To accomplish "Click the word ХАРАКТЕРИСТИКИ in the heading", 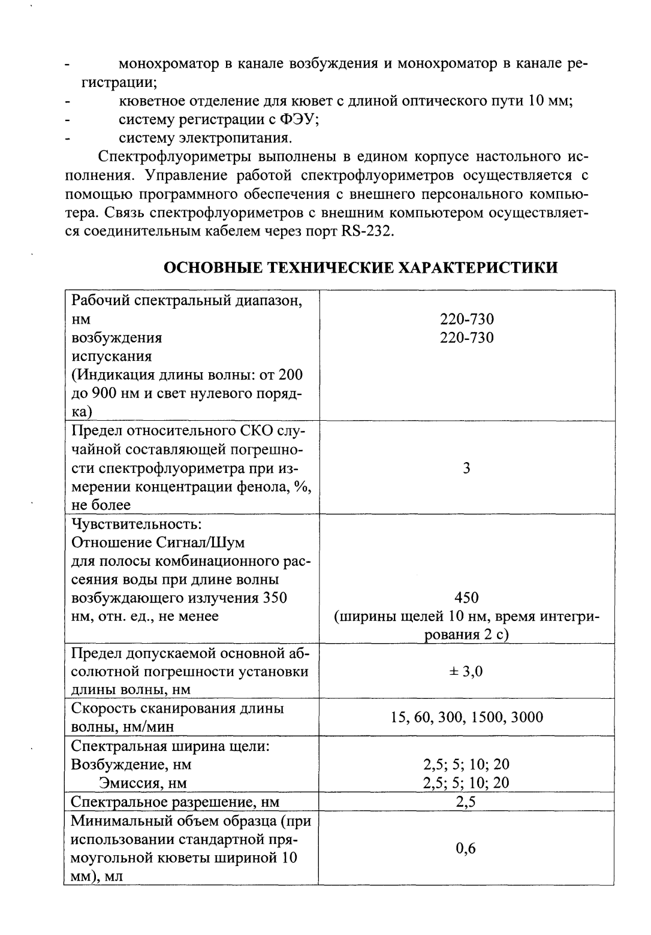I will tap(474, 267).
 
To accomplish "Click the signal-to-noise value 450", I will tap(466, 598).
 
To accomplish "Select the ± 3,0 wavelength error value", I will tap(466, 671).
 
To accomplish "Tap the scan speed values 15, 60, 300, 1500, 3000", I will tap(466, 717).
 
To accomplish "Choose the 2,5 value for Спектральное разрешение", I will tap(466, 802).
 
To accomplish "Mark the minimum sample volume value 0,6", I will tap(466, 848).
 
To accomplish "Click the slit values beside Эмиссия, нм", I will tap(466, 783).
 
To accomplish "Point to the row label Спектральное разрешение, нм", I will tap(175, 802).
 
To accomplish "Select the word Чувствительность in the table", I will tap(135, 524).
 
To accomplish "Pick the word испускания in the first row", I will tap(111, 357).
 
